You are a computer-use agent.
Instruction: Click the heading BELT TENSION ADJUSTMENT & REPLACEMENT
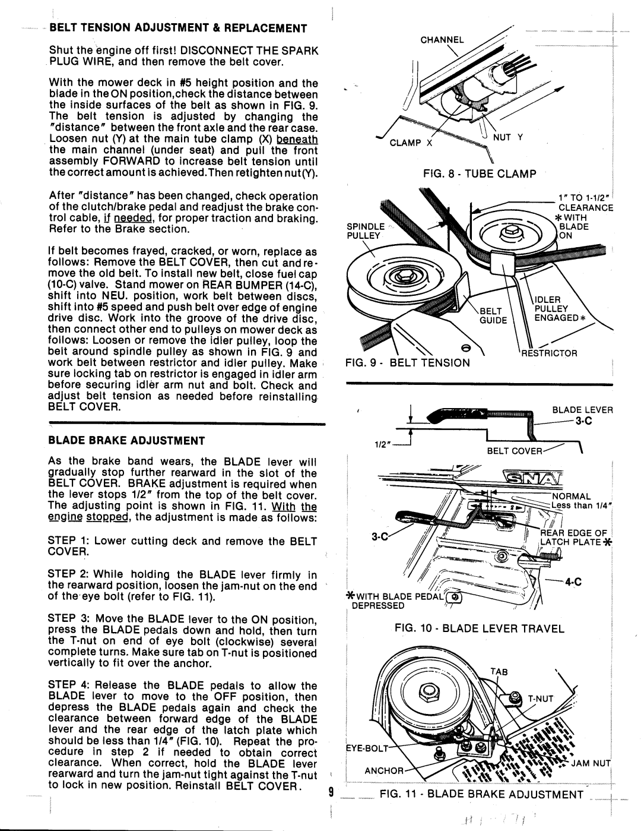point(177,28)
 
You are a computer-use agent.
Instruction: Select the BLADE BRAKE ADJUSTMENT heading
point(126,441)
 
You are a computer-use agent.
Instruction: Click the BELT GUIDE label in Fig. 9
point(492,314)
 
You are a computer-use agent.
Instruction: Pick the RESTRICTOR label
point(550,352)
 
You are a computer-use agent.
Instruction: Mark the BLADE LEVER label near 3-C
point(582,409)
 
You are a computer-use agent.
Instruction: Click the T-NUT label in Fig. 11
point(538,699)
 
